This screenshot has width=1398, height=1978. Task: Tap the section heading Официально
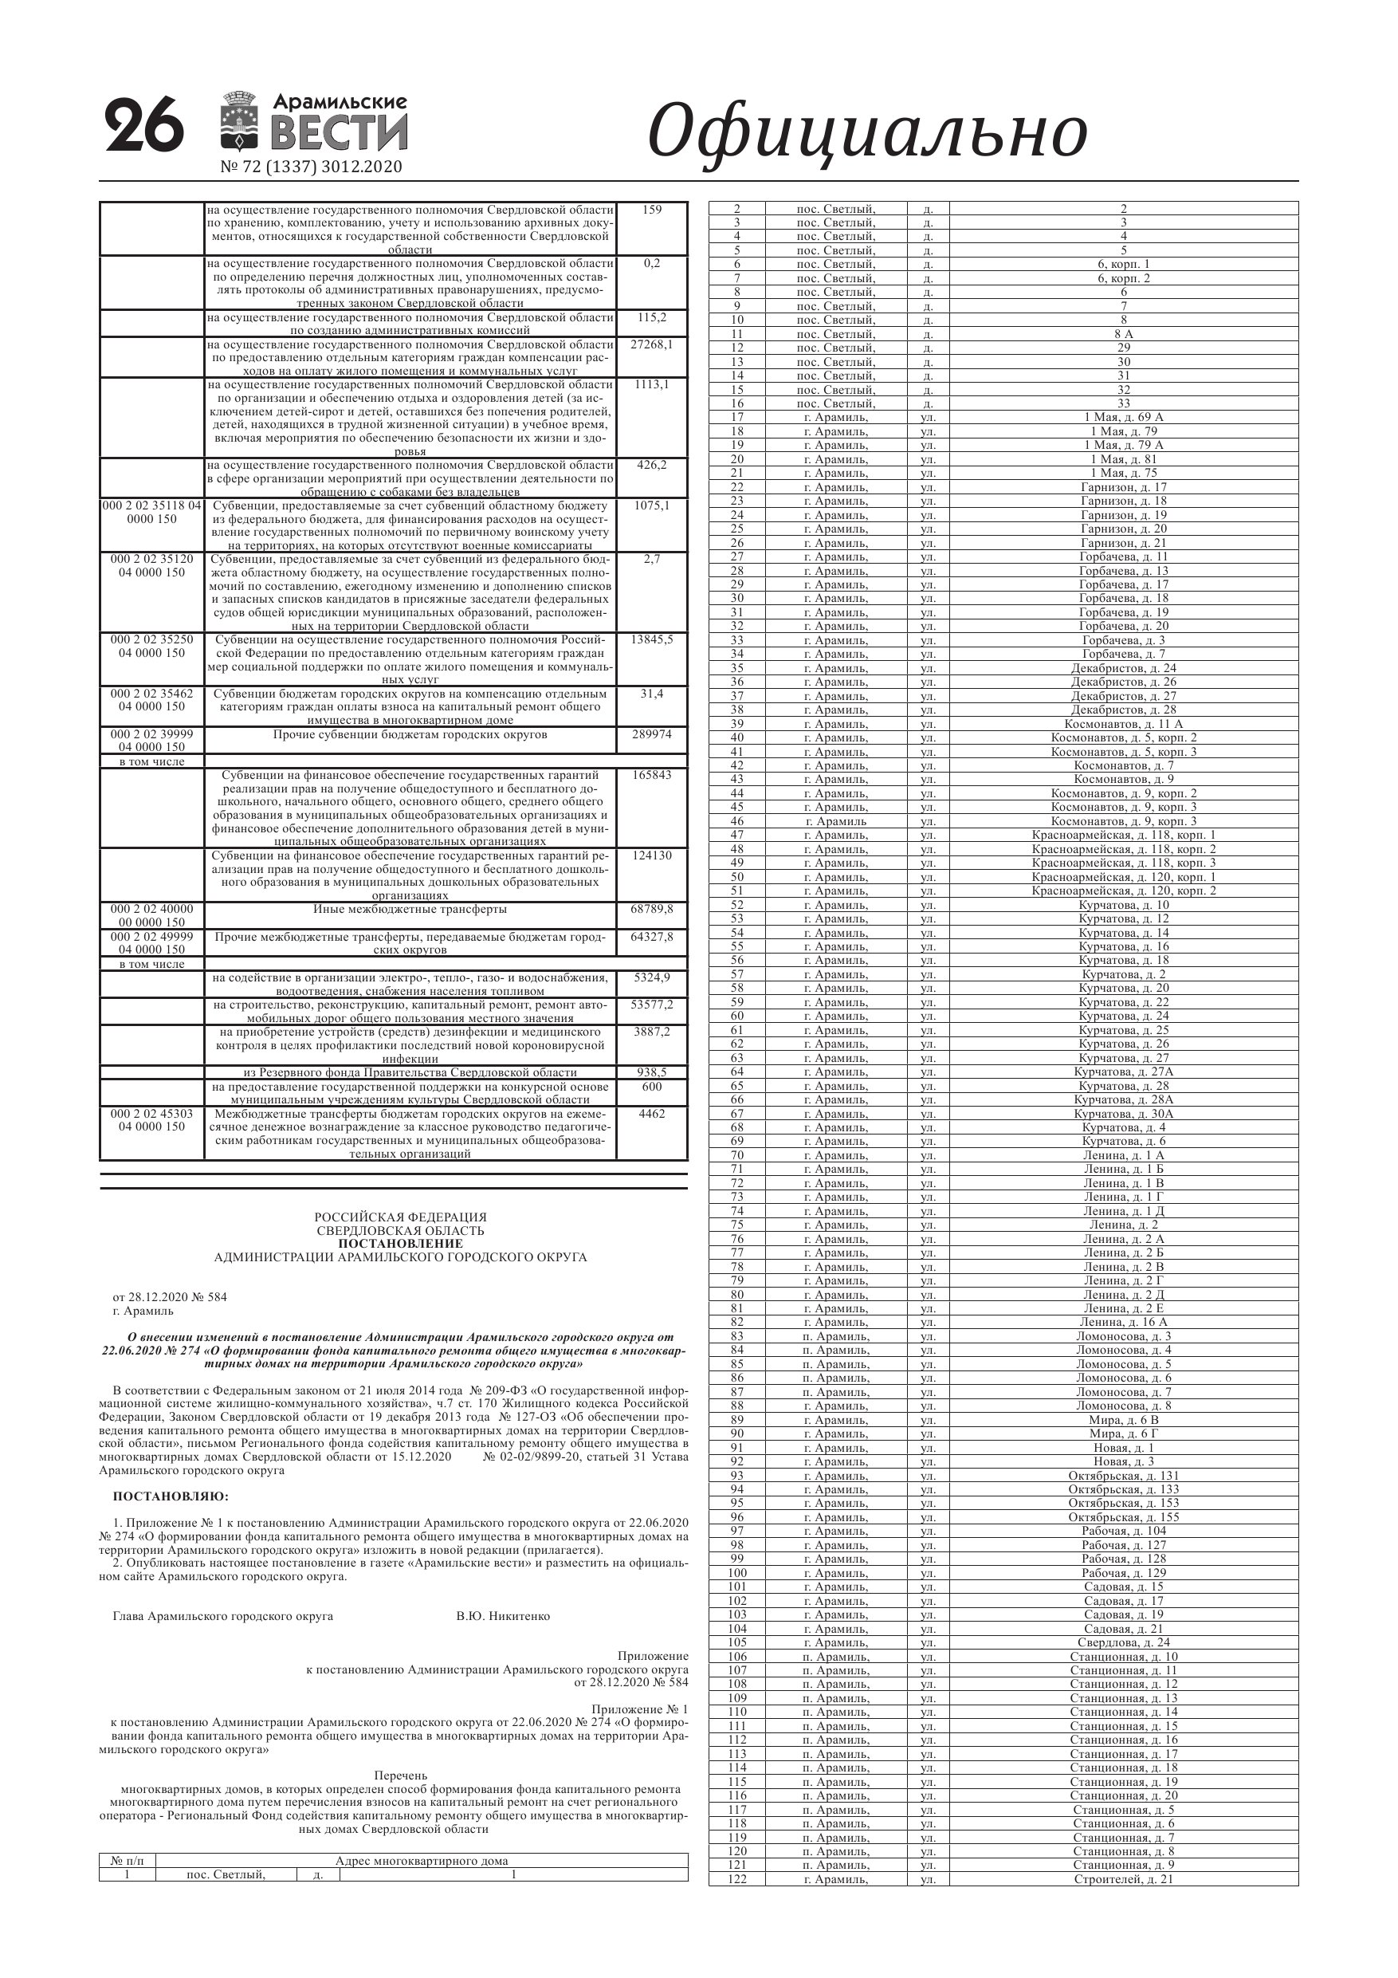(866, 132)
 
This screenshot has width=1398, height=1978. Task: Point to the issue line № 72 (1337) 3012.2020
(311, 167)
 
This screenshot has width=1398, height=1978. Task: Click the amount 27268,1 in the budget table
(651, 344)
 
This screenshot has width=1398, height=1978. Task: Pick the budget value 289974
(651, 735)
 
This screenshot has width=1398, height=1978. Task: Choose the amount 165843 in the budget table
(651, 776)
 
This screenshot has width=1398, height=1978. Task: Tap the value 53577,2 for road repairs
(651, 1005)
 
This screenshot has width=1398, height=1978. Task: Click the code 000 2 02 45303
(151, 1114)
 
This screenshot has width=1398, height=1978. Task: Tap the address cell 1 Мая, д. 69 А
(1123, 418)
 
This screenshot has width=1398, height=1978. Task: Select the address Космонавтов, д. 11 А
(1123, 725)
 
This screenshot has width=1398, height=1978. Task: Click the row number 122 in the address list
(736, 1879)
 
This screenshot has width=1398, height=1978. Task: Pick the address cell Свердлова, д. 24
(1123, 1642)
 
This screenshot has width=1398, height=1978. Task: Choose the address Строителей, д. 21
(1123, 1879)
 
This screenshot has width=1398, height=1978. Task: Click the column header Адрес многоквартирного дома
(421, 1861)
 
